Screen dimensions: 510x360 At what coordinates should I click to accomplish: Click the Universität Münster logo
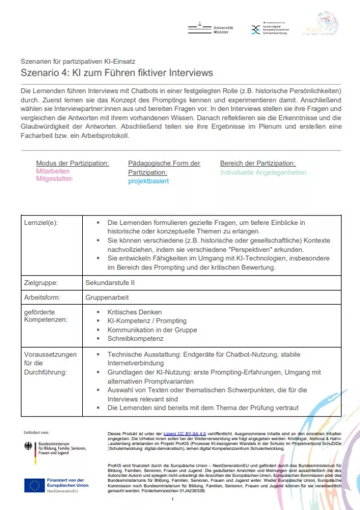217,29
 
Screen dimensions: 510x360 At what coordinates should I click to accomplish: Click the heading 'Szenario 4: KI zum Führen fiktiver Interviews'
116,73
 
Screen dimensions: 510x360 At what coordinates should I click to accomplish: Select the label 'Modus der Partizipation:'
73,163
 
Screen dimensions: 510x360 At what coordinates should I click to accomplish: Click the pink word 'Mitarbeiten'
53,171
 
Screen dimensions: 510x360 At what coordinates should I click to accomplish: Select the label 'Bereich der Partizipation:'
258,163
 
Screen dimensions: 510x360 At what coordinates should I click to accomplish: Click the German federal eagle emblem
29,447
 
